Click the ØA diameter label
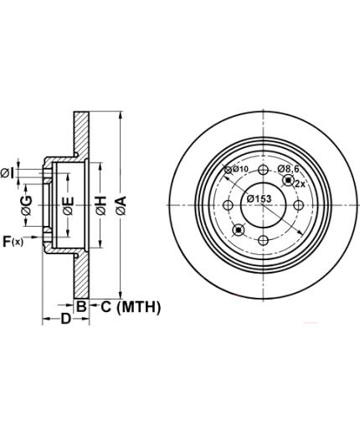pyautogui.click(x=121, y=206)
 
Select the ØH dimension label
pyautogui.click(x=101, y=206)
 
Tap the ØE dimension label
pyautogui.click(x=69, y=206)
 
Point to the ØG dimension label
pyautogui.click(x=27, y=206)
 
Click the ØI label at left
pyautogui.click(x=7, y=174)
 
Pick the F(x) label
pyautogui.click(x=13, y=242)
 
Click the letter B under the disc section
pyautogui.click(x=81, y=307)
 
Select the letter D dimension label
pyautogui.click(x=66, y=319)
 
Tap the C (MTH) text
pyautogui.click(x=131, y=307)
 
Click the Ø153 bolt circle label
pyautogui.click(x=259, y=198)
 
